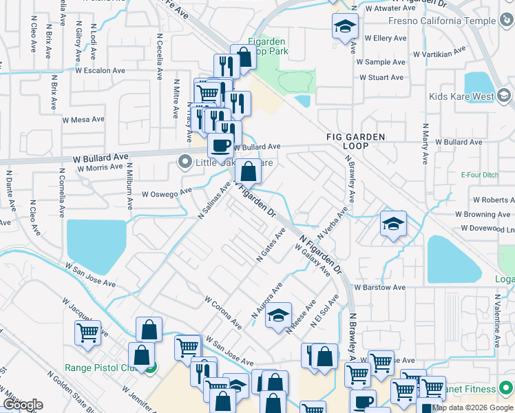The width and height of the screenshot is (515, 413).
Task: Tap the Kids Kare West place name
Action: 461,97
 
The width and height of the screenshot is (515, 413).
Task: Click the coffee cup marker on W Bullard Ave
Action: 220,146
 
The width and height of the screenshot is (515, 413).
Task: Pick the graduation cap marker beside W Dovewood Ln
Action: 393,224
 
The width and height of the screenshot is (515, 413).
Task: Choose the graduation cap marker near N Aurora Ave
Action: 278,316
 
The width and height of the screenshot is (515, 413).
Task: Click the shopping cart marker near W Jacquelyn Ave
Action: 87,333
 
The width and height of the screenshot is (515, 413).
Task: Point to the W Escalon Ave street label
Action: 103,70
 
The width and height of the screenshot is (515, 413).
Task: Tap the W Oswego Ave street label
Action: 167,193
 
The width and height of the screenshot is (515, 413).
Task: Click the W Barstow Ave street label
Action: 379,287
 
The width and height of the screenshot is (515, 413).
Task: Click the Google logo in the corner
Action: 23,405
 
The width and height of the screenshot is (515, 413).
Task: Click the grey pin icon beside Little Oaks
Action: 185,163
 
